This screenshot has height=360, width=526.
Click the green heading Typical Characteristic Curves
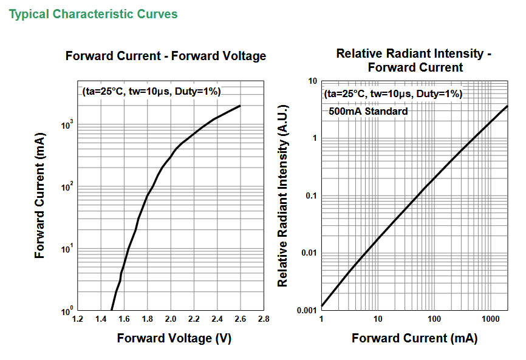(x=93, y=15)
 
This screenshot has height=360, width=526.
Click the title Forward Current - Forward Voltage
(x=166, y=56)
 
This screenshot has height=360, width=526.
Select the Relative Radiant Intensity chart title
(x=414, y=60)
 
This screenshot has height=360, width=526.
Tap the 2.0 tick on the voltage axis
(x=171, y=319)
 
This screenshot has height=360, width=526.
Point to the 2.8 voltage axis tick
(x=264, y=319)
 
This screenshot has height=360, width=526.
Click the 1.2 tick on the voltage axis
(x=78, y=319)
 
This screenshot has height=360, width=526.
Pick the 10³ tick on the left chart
(x=67, y=126)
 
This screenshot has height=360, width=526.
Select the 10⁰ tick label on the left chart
(x=67, y=311)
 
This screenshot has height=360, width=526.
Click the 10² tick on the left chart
(x=67, y=188)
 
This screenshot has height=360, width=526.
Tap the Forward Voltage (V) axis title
(x=174, y=338)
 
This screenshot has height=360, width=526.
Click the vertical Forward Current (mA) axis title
(x=39, y=195)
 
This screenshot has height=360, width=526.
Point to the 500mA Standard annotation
(x=368, y=111)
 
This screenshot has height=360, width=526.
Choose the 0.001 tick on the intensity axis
(x=307, y=310)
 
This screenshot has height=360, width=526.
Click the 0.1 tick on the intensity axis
(x=311, y=195)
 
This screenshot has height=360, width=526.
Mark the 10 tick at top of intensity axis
(x=312, y=81)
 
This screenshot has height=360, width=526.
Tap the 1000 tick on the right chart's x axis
(x=491, y=319)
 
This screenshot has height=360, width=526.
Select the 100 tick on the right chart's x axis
(x=434, y=319)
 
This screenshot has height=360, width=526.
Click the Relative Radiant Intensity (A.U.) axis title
(x=283, y=195)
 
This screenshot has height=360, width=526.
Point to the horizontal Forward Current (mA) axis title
(x=415, y=338)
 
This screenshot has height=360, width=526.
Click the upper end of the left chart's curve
(x=240, y=106)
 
